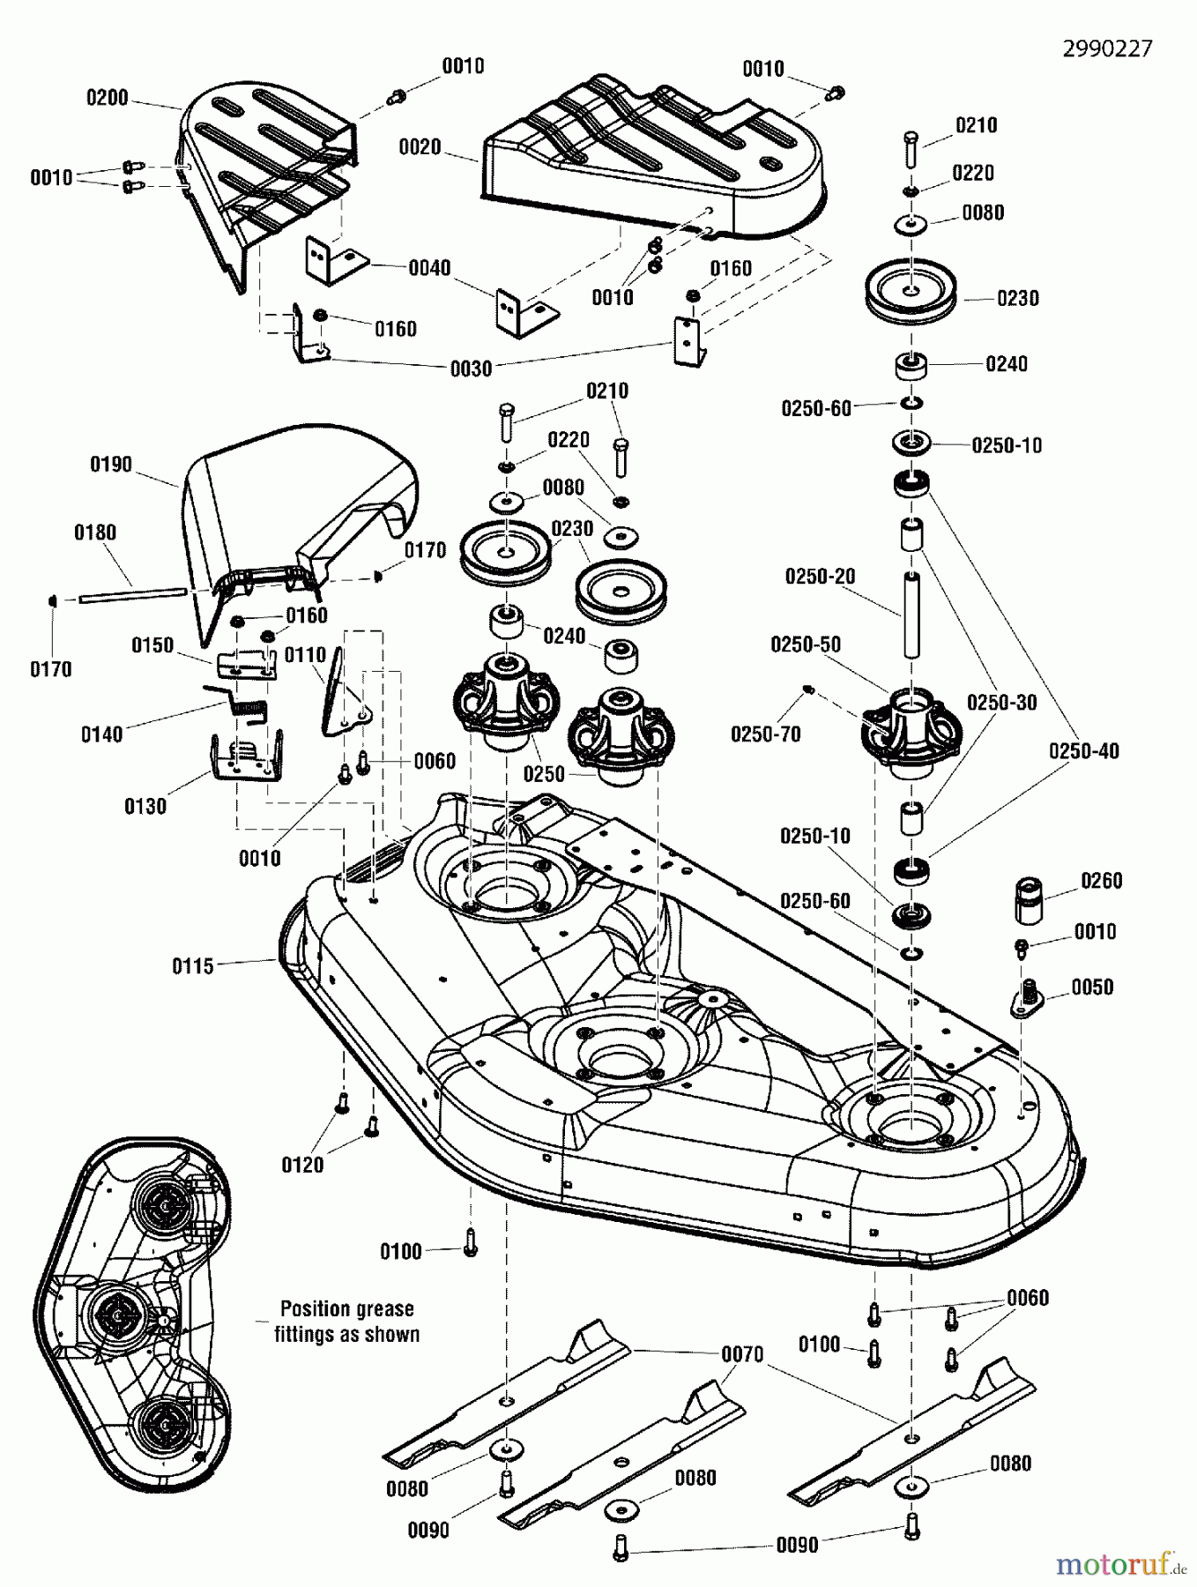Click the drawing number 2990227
click(1106, 48)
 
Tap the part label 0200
click(107, 98)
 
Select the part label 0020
click(420, 147)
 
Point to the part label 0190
click(111, 464)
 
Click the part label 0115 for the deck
click(193, 966)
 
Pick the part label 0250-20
click(820, 577)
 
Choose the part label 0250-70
click(765, 734)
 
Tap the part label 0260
click(1101, 881)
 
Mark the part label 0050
click(1092, 987)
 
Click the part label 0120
click(302, 1165)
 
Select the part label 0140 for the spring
click(101, 734)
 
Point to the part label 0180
click(95, 533)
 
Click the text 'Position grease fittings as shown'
click(346, 1321)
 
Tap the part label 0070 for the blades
click(742, 1353)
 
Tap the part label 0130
click(145, 805)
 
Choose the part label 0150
click(152, 645)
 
